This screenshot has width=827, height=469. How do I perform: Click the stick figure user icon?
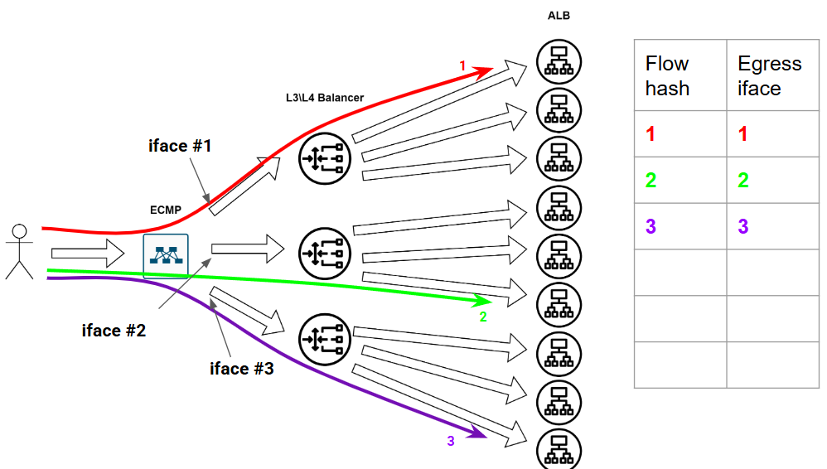(19, 251)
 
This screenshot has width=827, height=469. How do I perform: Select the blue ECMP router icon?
(166, 256)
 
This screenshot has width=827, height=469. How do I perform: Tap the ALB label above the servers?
(559, 16)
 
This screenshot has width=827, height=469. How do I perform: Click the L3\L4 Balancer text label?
(324, 98)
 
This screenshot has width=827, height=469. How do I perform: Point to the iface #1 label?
(180, 147)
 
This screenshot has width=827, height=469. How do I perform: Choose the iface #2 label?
(114, 331)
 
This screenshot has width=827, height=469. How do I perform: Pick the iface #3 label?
(241, 368)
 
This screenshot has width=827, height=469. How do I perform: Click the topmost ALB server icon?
(559, 60)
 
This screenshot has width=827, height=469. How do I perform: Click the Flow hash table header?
(668, 75)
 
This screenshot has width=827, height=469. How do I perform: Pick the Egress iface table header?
(770, 75)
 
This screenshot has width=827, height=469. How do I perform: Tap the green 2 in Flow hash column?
(651, 180)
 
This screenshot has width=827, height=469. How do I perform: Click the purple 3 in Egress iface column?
(743, 226)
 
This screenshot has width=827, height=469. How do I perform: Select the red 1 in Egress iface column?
(743, 133)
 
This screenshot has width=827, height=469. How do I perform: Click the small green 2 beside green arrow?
(483, 316)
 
